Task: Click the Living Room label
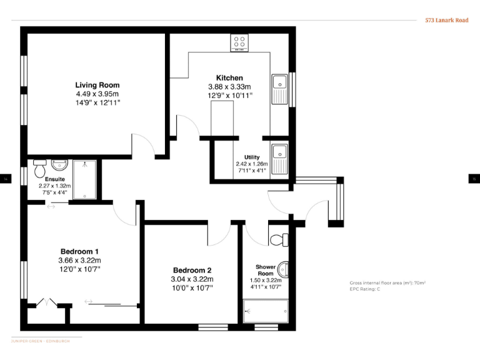(x=97, y=85)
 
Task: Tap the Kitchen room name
(x=229, y=78)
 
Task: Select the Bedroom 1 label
(x=79, y=252)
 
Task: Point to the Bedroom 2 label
(x=192, y=271)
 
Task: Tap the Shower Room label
(x=266, y=271)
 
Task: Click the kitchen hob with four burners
(x=239, y=42)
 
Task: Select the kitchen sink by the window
(x=279, y=88)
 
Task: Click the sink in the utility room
(x=279, y=157)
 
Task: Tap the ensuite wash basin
(x=59, y=165)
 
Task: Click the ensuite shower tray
(x=84, y=179)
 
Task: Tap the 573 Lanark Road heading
(x=447, y=20)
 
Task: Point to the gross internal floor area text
(x=387, y=283)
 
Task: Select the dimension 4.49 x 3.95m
(x=97, y=94)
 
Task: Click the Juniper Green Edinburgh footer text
(x=41, y=341)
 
